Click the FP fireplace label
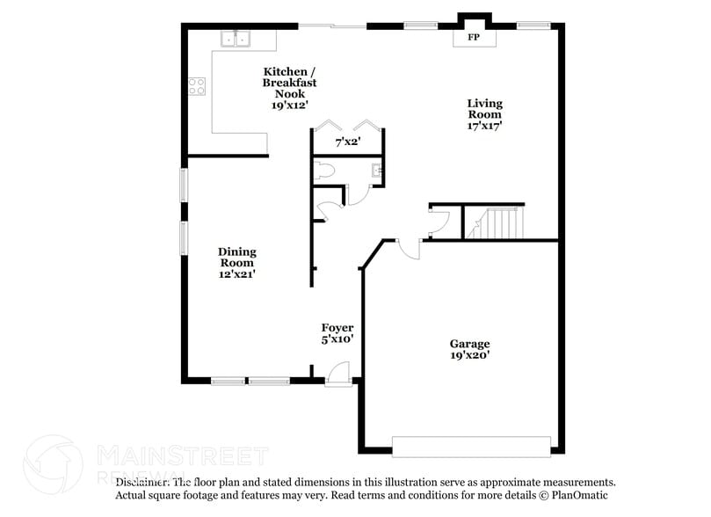coord(473,38)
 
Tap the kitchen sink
coord(236,39)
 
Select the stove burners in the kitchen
coord(197,86)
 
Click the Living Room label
coord(484,108)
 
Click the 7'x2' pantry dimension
coord(349,141)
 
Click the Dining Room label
coord(236,257)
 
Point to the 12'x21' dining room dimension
coord(236,274)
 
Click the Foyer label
coord(337,328)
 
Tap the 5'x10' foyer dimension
coord(337,339)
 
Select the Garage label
coord(469,344)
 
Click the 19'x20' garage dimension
coord(469,355)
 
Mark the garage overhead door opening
coord(471,447)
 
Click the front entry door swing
coord(337,375)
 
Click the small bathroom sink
coord(375,171)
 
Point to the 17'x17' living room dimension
coord(484,126)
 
